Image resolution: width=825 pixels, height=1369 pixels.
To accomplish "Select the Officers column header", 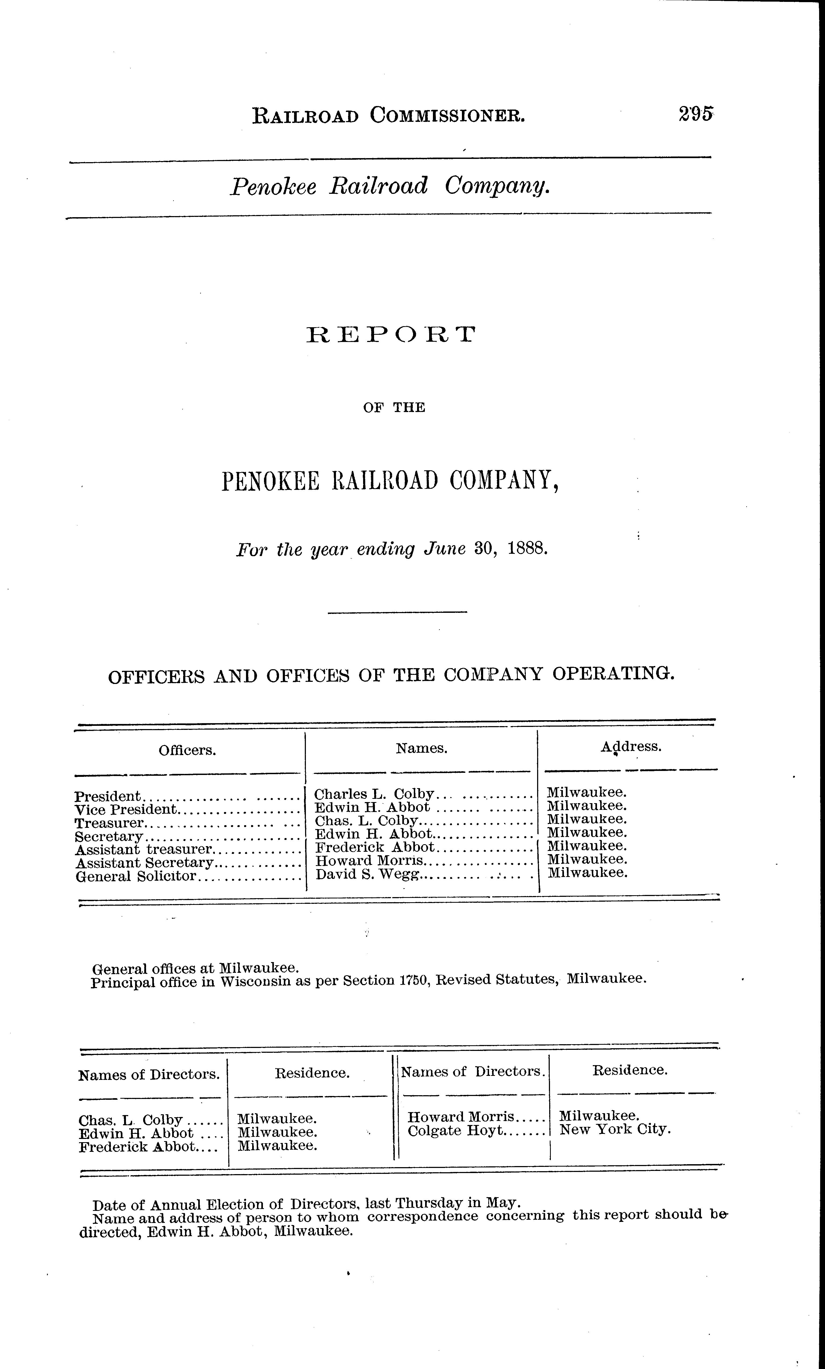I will coord(187,751).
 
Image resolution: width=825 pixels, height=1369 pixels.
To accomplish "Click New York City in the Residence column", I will coord(616,1130).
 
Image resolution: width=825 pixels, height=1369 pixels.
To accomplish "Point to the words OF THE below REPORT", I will coord(394,408).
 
